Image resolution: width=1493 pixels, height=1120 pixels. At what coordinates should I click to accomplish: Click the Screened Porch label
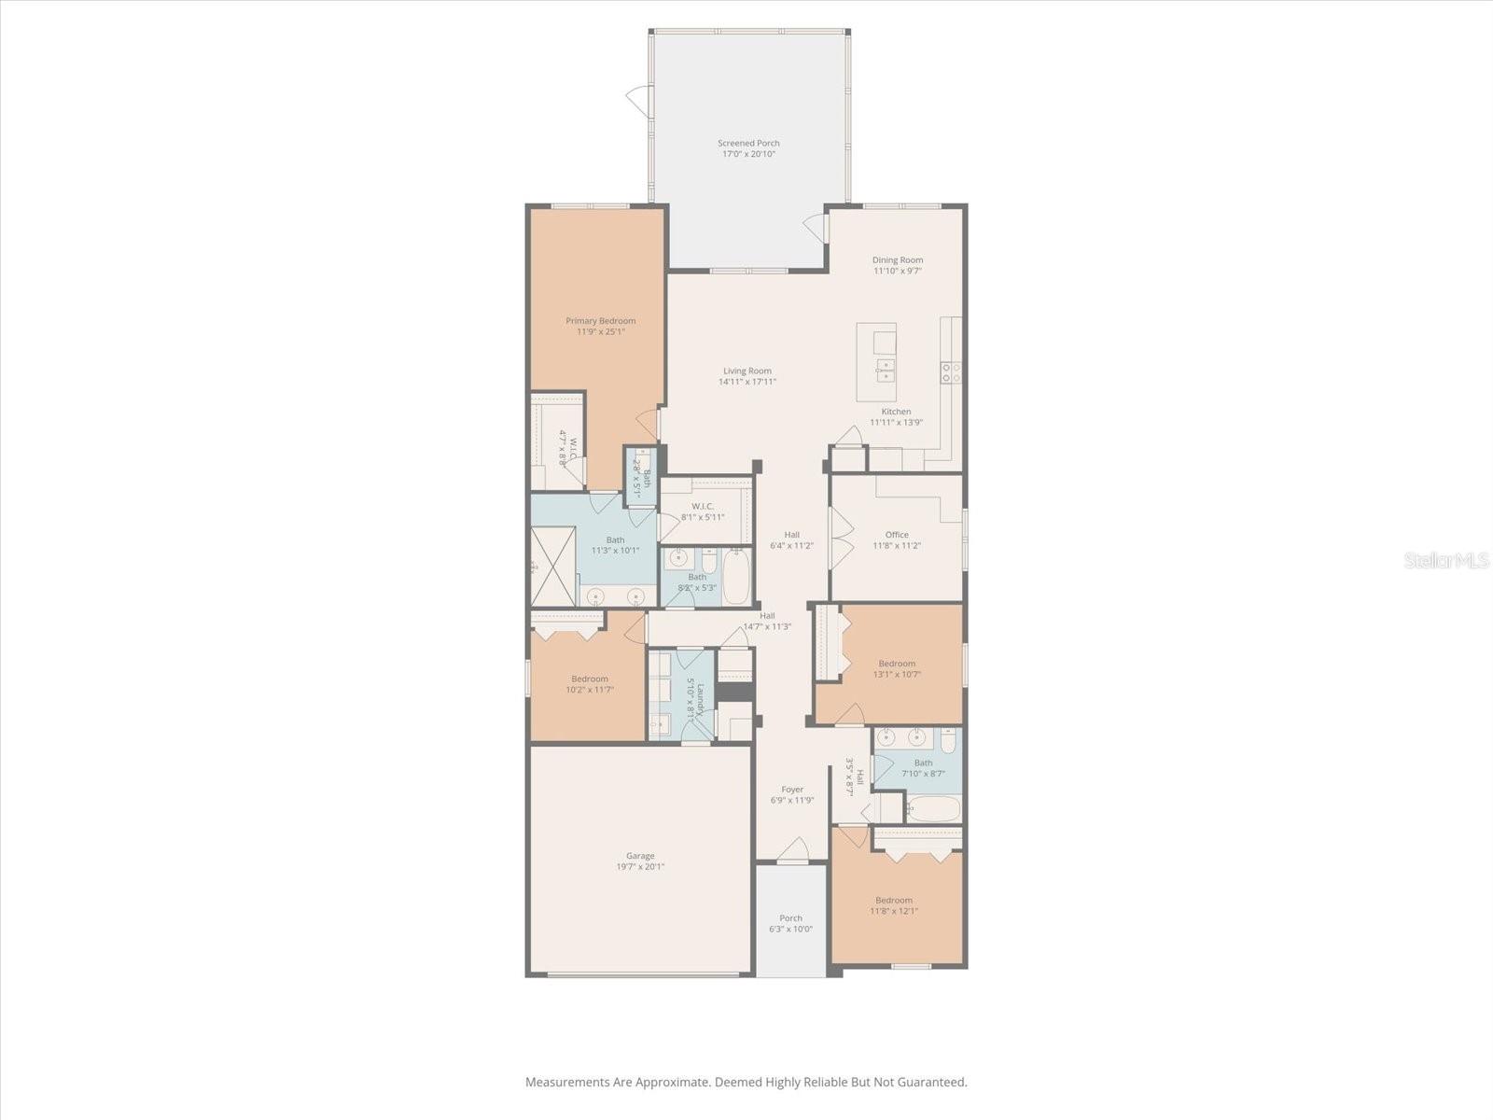pyautogui.click(x=748, y=144)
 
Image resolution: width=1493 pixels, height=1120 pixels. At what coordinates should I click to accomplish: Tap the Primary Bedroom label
pyautogui.click(x=600, y=321)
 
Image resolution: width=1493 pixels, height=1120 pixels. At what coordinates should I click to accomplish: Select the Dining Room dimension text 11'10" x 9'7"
pyautogui.click(x=898, y=272)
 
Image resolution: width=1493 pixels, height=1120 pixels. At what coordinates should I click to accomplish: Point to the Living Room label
pyautogui.click(x=746, y=371)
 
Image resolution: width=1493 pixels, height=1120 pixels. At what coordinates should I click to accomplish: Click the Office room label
pyautogui.click(x=897, y=535)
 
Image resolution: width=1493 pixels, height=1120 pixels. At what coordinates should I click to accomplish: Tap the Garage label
pyautogui.click(x=640, y=856)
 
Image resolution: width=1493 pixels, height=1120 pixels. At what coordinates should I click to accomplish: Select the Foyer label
pyautogui.click(x=792, y=790)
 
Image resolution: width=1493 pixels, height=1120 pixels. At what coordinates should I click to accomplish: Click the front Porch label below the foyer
pyautogui.click(x=790, y=918)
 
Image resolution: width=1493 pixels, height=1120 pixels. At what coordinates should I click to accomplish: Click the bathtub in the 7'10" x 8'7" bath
pyautogui.click(x=933, y=809)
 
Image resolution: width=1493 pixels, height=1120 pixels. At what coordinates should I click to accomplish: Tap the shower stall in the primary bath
pyautogui.click(x=552, y=567)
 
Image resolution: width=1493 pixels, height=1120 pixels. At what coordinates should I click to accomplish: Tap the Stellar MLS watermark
pyautogui.click(x=1446, y=560)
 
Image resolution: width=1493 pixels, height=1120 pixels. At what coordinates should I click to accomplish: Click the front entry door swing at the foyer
pyautogui.click(x=793, y=849)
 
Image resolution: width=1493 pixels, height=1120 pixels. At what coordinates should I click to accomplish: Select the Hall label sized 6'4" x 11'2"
pyautogui.click(x=791, y=535)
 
